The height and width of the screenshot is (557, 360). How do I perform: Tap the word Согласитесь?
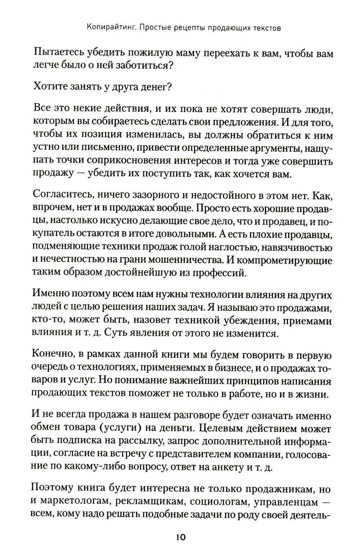point(61,196)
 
